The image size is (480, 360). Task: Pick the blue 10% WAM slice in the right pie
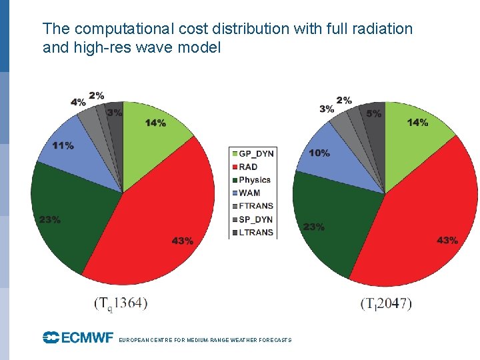click(x=333, y=160)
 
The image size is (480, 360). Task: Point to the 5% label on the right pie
click(x=374, y=114)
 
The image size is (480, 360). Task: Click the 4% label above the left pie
click(x=78, y=102)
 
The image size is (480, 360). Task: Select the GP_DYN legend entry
click(x=252, y=153)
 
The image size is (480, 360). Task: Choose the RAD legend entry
click(x=247, y=167)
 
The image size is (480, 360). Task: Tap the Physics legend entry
click(x=251, y=180)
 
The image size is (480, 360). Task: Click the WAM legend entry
click(x=249, y=193)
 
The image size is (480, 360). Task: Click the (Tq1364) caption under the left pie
click(x=121, y=303)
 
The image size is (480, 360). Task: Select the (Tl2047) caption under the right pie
click(x=386, y=303)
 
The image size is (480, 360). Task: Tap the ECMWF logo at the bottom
click(x=78, y=338)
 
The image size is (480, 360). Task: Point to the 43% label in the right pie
click(x=447, y=240)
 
